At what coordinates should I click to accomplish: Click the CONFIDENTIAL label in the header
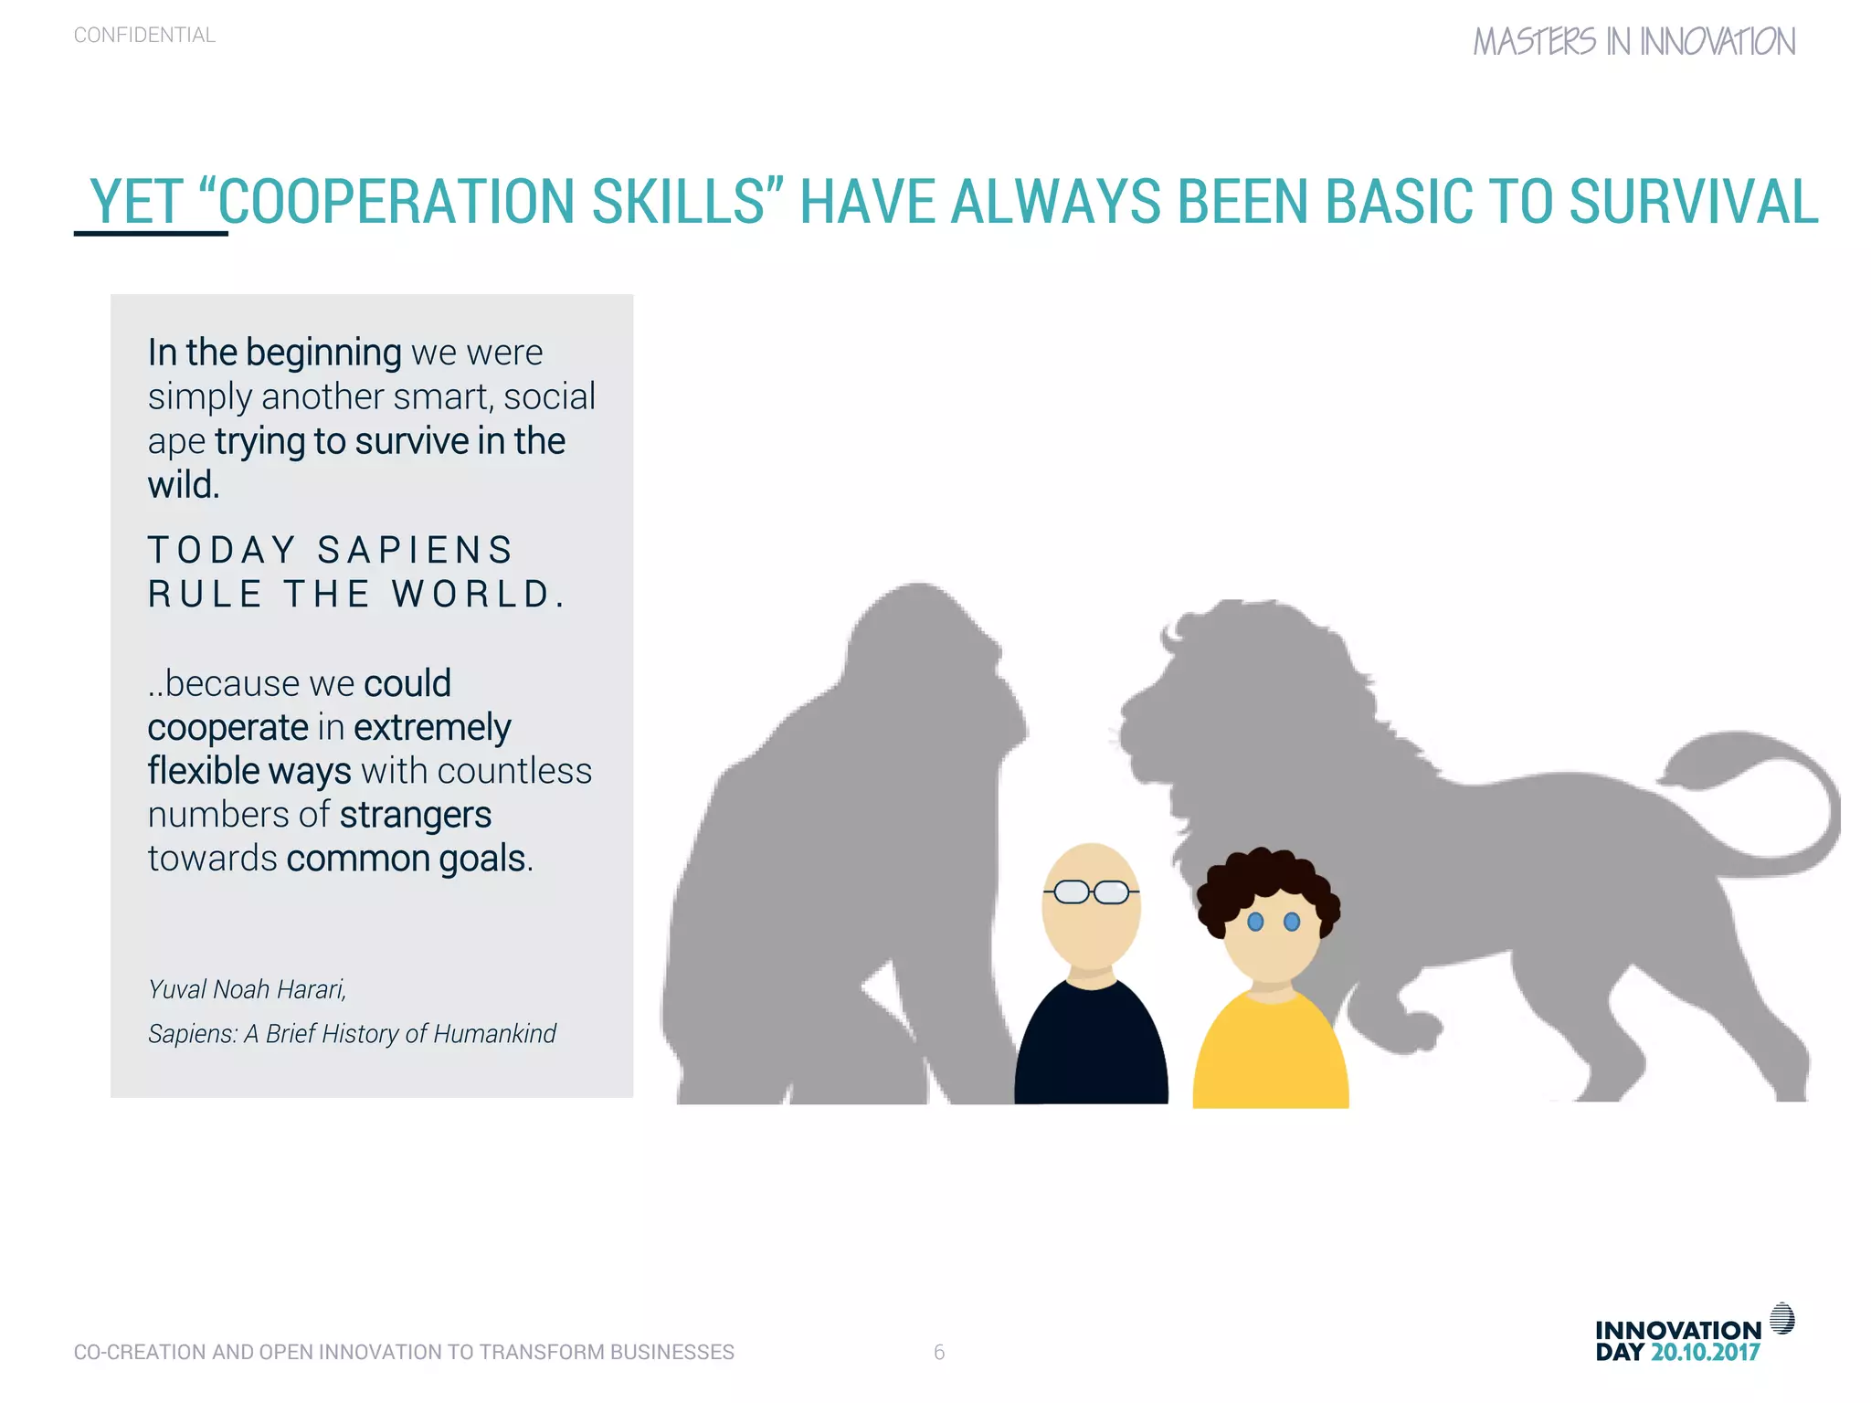(x=144, y=36)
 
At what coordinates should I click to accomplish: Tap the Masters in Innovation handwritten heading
(x=1633, y=42)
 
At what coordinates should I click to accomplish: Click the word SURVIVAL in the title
(x=1693, y=202)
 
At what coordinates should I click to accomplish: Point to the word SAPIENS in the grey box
(x=416, y=551)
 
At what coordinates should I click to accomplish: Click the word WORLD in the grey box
(x=471, y=595)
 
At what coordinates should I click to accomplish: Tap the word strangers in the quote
(x=416, y=815)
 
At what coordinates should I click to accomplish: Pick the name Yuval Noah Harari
(x=247, y=989)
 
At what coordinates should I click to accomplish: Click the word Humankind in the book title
(x=494, y=1033)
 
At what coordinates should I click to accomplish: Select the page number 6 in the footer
(x=939, y=1352)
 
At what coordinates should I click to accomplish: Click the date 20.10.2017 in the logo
(x=1705, y=1353)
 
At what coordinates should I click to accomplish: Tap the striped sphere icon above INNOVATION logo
(x=1781, y=1319)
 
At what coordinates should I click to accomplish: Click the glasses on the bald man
(x=1091, y=891)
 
